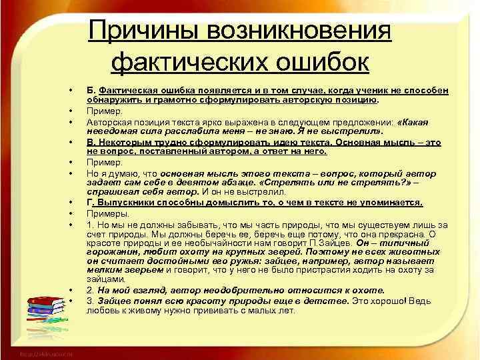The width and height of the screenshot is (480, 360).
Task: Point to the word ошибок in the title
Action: pyautogui.click(x=325, y=63)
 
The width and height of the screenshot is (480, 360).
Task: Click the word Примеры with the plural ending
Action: pyautogui.click(x=104, y=213)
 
